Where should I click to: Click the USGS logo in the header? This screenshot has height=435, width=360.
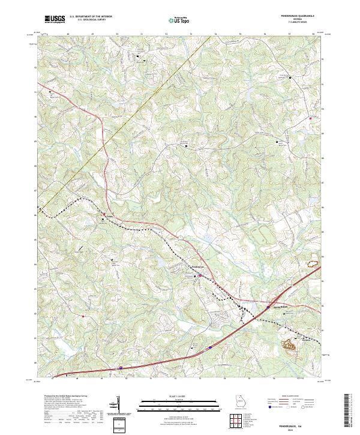point(55,19)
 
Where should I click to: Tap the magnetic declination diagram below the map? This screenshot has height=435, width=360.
point(119,404)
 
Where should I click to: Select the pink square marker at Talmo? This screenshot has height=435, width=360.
point(103,214)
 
